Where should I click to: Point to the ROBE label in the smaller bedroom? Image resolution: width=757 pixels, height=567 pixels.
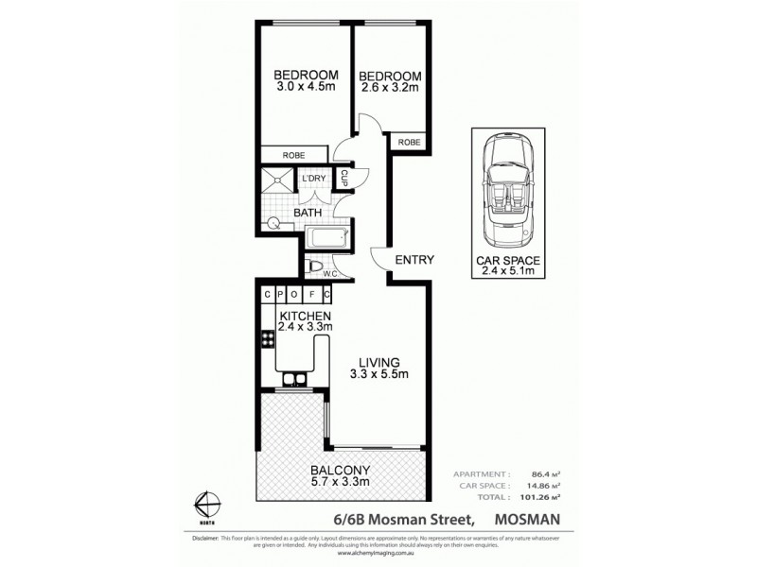click(409, 143)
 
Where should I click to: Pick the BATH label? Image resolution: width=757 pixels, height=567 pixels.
click(308, 214)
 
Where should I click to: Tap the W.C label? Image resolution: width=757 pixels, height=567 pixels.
click(331, 275)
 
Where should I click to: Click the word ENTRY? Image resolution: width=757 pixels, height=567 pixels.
click(414, 260)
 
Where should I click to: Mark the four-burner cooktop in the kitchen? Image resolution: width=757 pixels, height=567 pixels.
click(266, 340)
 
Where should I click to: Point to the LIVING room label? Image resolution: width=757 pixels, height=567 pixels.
click(379, 362)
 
